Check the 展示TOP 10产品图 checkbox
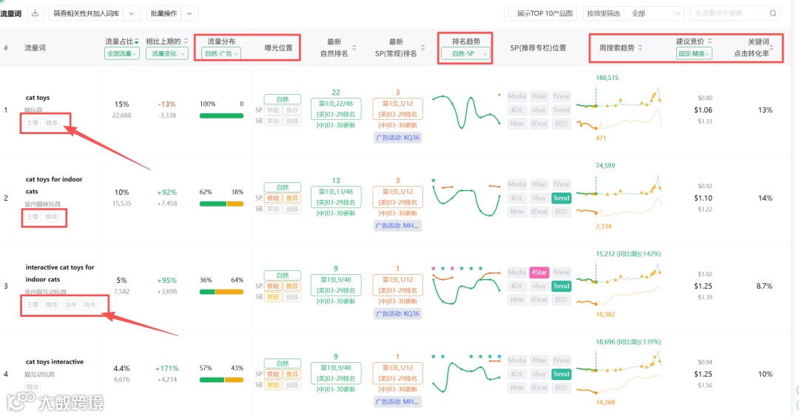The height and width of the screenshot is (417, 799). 510,13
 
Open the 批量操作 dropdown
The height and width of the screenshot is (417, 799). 172,13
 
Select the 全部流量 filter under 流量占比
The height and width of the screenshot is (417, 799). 122,53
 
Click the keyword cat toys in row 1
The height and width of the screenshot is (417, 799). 38,98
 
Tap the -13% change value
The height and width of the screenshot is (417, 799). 166,104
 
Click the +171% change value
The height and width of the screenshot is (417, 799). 166,368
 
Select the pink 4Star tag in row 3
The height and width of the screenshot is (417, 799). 539,273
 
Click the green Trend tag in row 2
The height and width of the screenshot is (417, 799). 562,198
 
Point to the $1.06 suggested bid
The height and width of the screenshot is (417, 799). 703,110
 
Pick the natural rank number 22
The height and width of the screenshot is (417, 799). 336,93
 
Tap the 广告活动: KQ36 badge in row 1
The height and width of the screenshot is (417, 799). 397,137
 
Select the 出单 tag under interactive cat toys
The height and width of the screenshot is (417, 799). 70,304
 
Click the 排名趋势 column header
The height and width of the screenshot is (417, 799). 465,41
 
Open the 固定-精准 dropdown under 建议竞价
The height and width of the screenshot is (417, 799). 694,53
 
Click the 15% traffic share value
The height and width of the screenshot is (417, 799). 121,104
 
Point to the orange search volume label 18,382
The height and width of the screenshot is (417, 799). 605,315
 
